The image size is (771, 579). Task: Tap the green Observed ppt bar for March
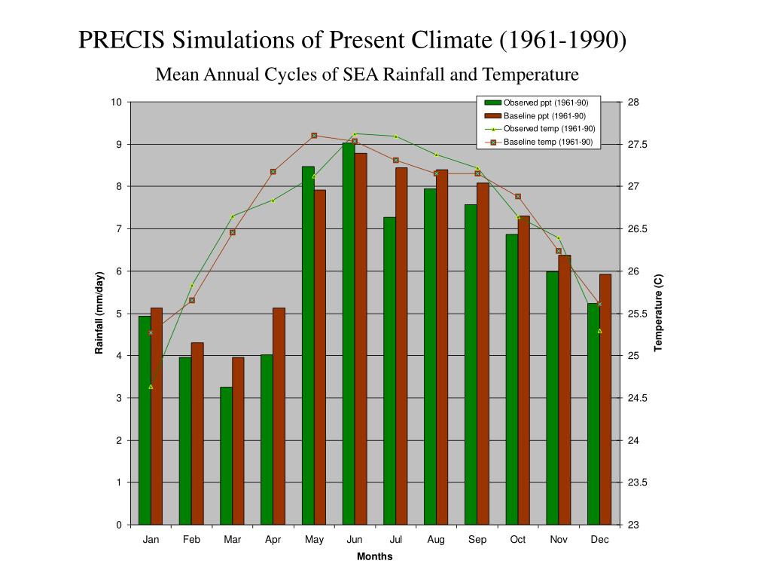pos(226,455)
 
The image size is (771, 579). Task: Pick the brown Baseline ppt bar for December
pos(605,400)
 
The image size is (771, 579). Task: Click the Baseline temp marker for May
pos(314,136)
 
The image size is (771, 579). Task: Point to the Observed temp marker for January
pos(151,387)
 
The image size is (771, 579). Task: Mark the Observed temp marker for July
pos(396,136)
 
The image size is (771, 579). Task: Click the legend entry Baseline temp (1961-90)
pos(547,142)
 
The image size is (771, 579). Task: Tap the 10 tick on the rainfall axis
pos(117,103)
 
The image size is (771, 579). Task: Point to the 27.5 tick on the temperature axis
pos(637,145)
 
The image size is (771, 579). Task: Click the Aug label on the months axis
pos(436,540)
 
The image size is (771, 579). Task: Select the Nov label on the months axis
pos(559,540)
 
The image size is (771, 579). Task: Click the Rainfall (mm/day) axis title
pos(99,313)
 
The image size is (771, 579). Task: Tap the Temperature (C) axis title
pos(658,313)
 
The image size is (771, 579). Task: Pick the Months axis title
pos(374,557)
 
